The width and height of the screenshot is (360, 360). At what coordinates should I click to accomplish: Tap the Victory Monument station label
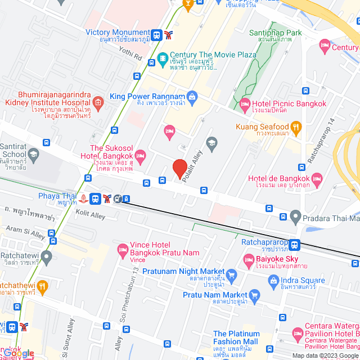click(x=118, y=33)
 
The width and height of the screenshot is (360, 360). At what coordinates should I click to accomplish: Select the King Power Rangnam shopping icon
click(x=191, y=96)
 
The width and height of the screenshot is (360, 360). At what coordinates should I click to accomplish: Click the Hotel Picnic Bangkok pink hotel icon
click(x=245, y=103)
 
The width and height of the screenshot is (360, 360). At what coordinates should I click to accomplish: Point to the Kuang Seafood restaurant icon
click(x=297, y=127)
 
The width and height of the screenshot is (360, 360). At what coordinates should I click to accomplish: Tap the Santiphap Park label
click(x=277, y=33)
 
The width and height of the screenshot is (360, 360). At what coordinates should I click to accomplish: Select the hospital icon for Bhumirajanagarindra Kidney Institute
click(x=98, y=102)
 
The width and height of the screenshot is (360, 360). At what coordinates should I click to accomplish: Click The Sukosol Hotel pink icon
click(x=140, y=154)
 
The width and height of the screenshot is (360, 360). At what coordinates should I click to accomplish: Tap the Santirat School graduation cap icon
click(x=34, y=154)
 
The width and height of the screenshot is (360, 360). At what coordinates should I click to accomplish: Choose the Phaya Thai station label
click(x=57, y=196)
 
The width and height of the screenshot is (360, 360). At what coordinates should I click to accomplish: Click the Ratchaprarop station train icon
click(x=295, y=245)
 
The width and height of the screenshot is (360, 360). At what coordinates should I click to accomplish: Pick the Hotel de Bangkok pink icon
click(x=318, y=179)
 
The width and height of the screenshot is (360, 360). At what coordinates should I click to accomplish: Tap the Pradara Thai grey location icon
click(x=295, y=217)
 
